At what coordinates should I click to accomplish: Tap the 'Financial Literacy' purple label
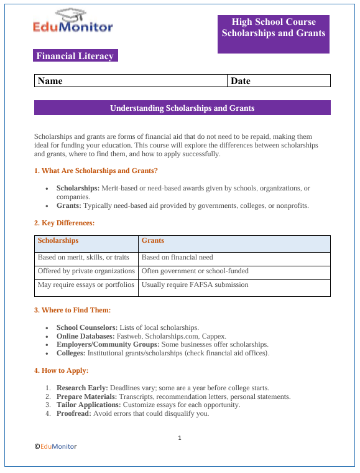point(75,56)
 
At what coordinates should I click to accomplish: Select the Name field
point(131,81)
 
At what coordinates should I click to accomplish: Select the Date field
point(279,81)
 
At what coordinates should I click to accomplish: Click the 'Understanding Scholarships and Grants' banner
point(182,108)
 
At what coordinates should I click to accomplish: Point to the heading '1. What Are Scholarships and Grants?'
point(96,171)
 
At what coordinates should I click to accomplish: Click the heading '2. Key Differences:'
point(64,222)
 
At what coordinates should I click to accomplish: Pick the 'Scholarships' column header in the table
point(58,240)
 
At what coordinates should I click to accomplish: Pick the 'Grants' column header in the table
point(153,240)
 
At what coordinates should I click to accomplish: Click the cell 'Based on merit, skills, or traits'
point(83,257)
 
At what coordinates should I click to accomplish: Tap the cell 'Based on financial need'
point(177,257)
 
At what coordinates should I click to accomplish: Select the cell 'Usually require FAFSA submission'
point(195,284)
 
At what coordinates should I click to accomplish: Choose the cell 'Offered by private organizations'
point(86,271)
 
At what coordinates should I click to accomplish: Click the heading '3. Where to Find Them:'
point(72,310)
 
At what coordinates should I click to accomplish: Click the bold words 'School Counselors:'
point(83,327)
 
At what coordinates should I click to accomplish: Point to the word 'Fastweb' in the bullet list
point(129,336)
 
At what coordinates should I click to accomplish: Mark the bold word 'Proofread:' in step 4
point(73,414)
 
